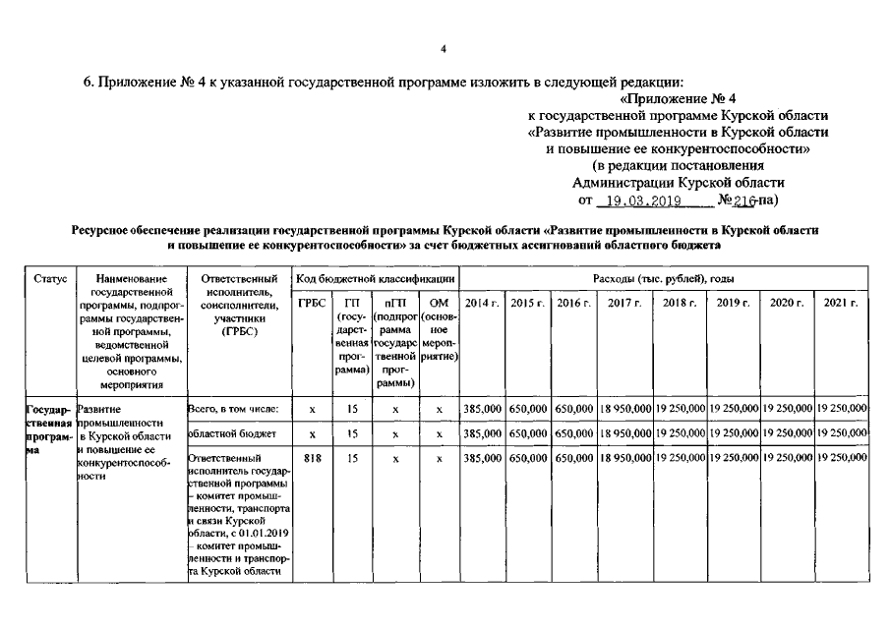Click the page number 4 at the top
[444, 48]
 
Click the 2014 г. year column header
[483, 303]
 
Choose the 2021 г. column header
[841, 303]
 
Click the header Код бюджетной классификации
[376, 278]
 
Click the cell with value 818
[312, 458]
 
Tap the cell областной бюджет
[225, 433]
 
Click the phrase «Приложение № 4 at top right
[679, 98]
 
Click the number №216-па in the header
[743, 200]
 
